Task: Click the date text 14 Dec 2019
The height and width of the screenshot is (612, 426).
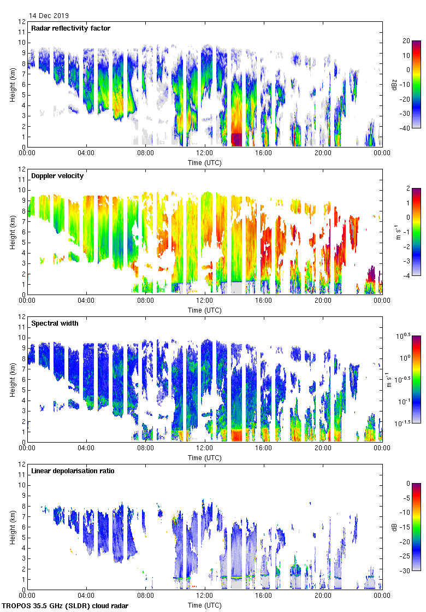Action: coord(49,16)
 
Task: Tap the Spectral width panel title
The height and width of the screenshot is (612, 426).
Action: coord(55,323)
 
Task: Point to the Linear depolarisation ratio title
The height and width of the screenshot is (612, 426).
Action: coord(73,471)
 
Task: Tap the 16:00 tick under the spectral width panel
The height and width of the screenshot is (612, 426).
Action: coord(264,448)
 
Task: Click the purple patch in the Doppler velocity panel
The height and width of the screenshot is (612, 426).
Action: coord(372,273)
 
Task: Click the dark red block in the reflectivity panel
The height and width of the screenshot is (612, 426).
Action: coord(236,139)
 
